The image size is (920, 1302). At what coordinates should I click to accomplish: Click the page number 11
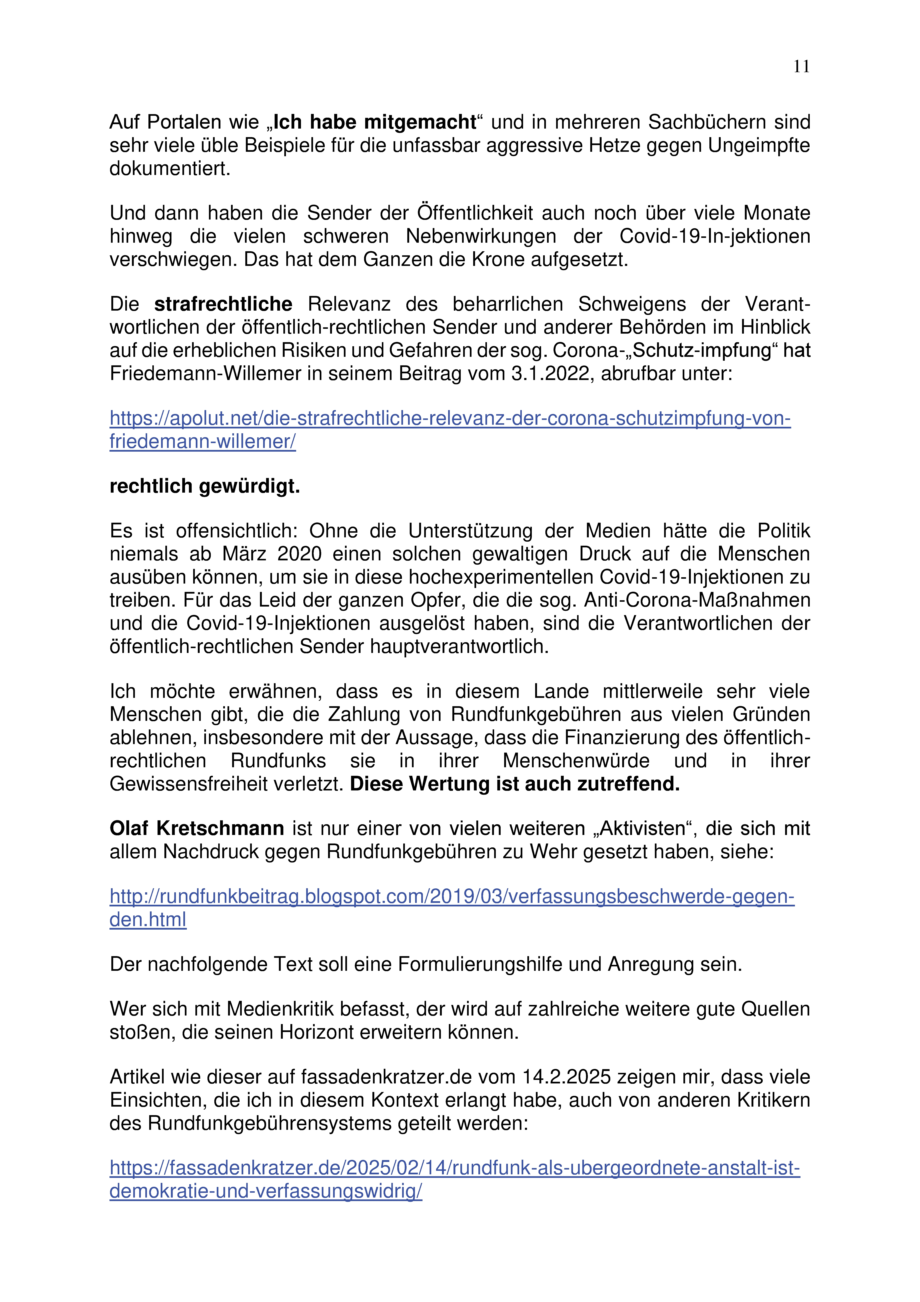[801, 67]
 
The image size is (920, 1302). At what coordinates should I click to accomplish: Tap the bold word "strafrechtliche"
[223, 304]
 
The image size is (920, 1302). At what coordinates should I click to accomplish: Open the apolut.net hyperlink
[450, 418]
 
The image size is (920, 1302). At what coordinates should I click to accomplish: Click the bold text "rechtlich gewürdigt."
[204, 486]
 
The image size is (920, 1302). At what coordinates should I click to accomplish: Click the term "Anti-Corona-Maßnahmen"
[697, 600]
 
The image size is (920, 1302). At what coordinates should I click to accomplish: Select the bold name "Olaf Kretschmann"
[197, 828]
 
